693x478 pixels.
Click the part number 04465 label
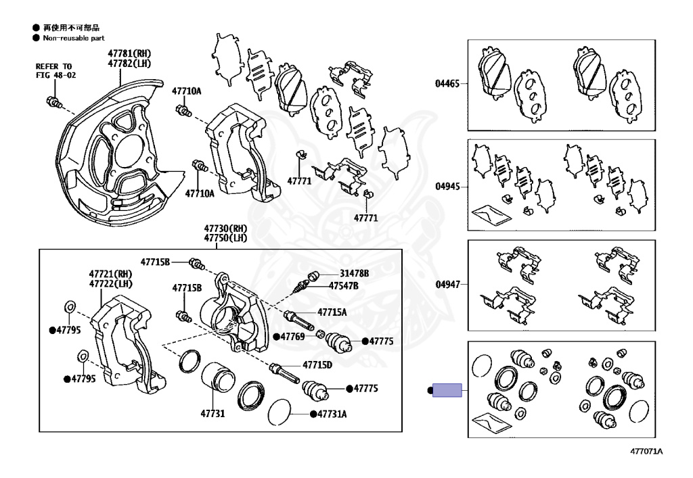pyautogui.click(x=447, y=85)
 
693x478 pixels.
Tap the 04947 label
pyautogui.click(x=447, y=285)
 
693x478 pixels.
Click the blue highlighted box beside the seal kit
pyautogui.click(x=447, y=390)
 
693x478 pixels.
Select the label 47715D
pyautogui.click(x=317, y=364)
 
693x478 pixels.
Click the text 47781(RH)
pyautogui.click(x=129, y=53)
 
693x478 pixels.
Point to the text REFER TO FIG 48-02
pyautogui.click(x=55, y=71)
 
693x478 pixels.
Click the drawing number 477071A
pyautogui.click(x=646, y=452)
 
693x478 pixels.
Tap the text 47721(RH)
pyautogui.click(x=110, y=274)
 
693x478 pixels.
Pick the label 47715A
pyautogui.click(x=332, y=312)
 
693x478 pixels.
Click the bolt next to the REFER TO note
pyautogui.click(x=52, y=103)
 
